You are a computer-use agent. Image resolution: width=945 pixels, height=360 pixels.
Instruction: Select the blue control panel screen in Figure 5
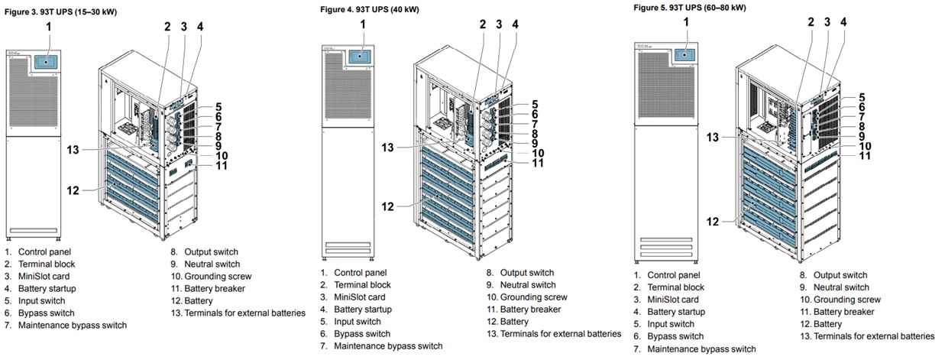[x=685, y=54]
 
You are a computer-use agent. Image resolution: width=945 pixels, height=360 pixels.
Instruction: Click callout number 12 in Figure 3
[x=73, y=190]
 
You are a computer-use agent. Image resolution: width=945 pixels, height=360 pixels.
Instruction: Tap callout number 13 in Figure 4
[x=388, y=147]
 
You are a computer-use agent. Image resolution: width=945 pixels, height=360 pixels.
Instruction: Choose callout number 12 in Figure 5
[x=713, y=222]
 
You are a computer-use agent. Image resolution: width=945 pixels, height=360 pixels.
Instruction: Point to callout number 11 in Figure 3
[x=222, y=165]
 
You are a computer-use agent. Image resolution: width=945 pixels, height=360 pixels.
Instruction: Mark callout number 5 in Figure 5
[x=861, y=97]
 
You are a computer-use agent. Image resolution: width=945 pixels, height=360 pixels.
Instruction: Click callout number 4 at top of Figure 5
[x=843, y=22]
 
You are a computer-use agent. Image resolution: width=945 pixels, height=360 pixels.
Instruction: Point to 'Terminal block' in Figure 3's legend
[x=47, y=264]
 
